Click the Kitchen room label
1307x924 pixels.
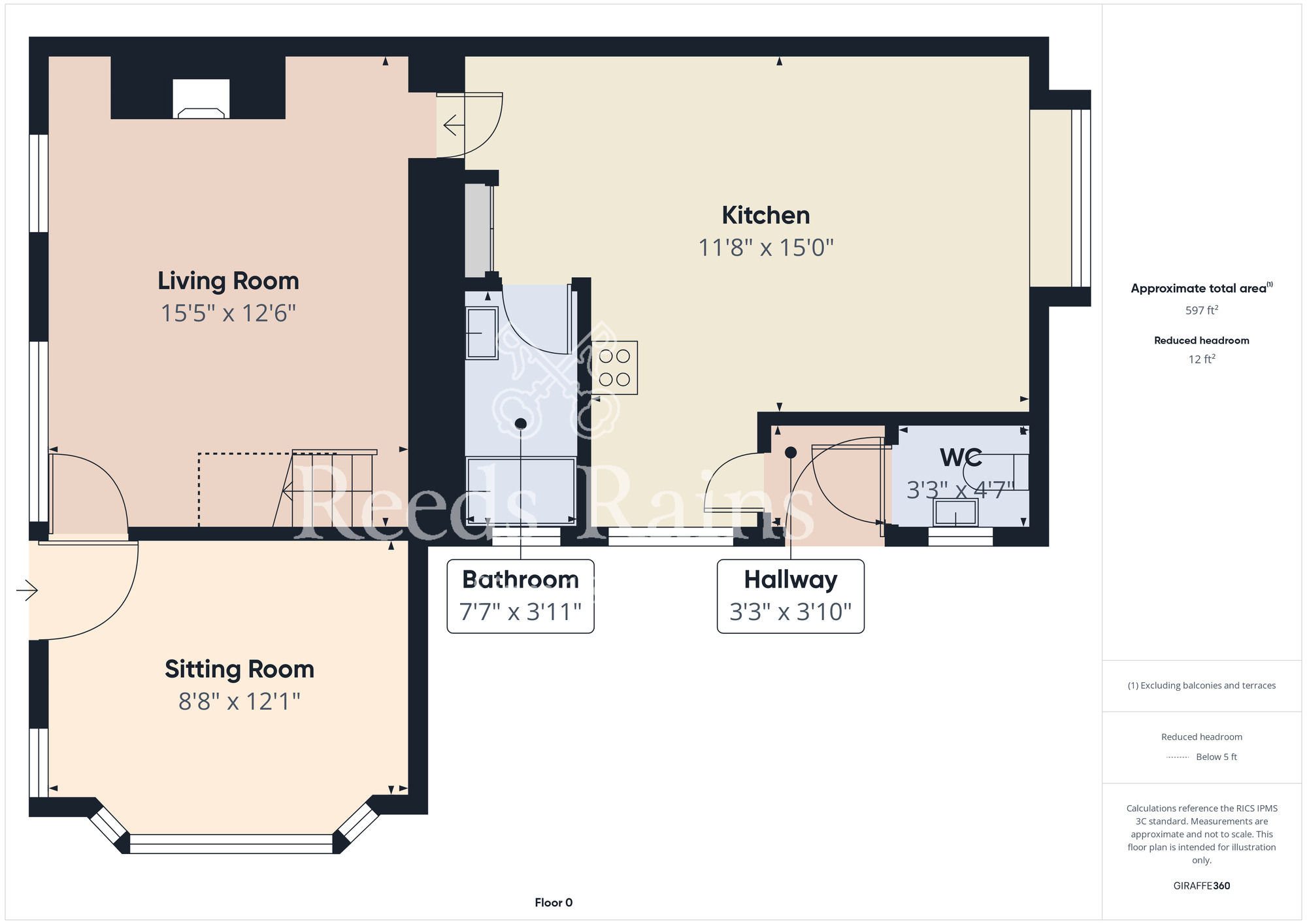(x=766, y=216)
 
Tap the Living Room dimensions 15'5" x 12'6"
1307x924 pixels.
(x=229, y=314)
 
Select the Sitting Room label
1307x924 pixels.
(x=239, y=670)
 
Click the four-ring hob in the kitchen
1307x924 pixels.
(x=614, y=368)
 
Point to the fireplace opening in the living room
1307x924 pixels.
(x=201, y=99)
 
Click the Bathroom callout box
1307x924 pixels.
(x=520, y=596)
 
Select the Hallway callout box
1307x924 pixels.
(x=791, y=596)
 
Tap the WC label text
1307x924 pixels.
(x=961, y=457)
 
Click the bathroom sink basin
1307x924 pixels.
(x=482, y=333)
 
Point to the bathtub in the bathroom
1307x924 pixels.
(x=521, y=491)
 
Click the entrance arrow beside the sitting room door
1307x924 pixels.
(x=27, y=591)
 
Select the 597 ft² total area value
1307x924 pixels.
(x=1202, y=310)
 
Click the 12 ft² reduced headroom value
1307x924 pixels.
(x=1202, y=359)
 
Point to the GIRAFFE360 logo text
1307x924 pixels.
(x=1202, y=886)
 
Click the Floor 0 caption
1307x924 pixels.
(x=554, y=902)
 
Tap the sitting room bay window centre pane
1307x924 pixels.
(x=231, y=844)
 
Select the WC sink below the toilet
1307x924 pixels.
(x=955, y=512)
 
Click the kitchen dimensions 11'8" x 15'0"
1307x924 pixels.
(x=766, y=248)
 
